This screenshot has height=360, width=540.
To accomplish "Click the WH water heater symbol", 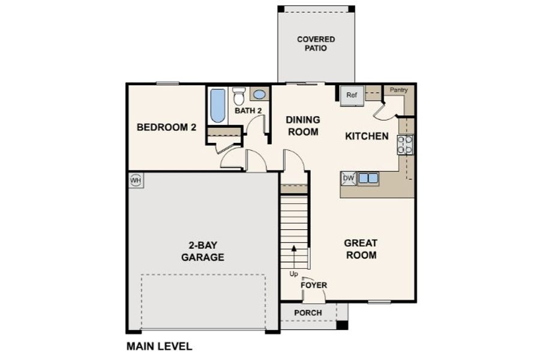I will (x=136, y=180).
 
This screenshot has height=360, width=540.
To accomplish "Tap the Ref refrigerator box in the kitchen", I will (x=352, y=95).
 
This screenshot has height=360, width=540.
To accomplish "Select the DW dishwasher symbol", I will (x=349, y=178).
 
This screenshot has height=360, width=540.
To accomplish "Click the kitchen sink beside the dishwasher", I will (x=368, y=178).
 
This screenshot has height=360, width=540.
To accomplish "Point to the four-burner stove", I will (x=405, y=145).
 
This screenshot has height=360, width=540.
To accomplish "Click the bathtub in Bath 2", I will (x=217, y=106).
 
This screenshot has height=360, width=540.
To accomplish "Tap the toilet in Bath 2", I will (x=239, y=96).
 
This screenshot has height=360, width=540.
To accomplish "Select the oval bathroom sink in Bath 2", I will (x=259, y=94).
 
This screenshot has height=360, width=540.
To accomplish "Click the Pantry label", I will (x=398, y=90).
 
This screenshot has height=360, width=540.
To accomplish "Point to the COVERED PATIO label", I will (x=316, y=44).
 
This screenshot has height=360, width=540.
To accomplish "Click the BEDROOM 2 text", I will (x=166, y=127).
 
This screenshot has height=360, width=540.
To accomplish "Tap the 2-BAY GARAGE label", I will (x=203, y=251).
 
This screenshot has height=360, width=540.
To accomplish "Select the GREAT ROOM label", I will (x=361, y=249).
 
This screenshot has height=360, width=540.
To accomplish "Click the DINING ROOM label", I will (x=302, y=125).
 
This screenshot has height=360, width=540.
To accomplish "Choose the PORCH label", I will (x=308, y=313).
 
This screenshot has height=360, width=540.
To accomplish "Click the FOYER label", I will (x=314, y=285).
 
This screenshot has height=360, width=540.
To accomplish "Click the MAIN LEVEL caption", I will (x=159, y=346).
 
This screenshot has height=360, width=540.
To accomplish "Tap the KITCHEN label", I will (x=367, y=136).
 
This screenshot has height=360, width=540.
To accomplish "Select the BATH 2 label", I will (x=248, y=111).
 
